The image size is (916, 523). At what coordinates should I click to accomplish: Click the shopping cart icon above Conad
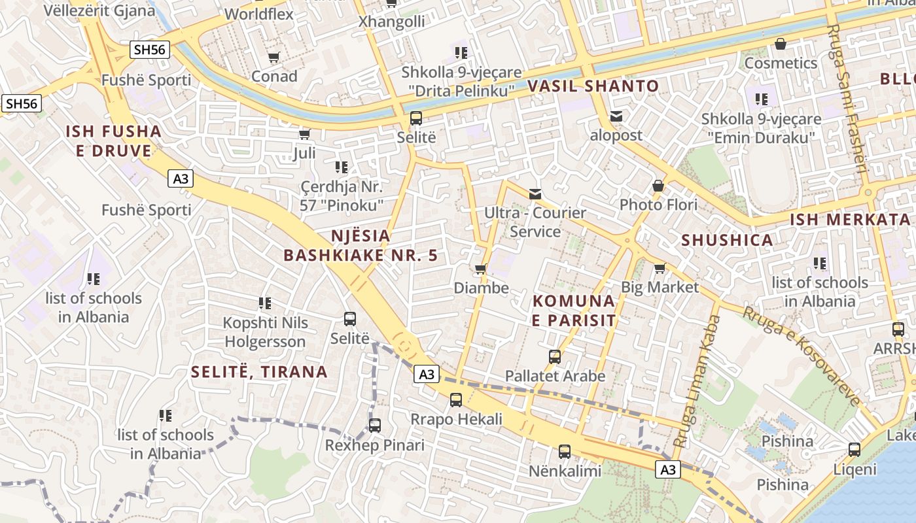pos(274,58)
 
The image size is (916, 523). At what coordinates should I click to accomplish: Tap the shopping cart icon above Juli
pos(304,134)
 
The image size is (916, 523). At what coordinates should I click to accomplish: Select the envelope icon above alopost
pos(616,116)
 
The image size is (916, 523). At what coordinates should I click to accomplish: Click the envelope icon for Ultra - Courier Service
pos(535,194)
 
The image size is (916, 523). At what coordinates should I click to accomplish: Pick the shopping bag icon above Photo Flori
pos(658,186)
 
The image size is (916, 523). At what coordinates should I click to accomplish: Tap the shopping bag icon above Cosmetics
pos(780,44)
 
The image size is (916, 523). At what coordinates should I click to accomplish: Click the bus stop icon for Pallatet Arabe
pos(555,357)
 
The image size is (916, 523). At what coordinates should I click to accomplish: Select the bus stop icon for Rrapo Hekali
pos(456,399)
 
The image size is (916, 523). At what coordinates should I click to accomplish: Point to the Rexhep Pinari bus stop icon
pos(375,426)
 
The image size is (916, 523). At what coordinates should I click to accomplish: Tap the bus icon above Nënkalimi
pos(565,451)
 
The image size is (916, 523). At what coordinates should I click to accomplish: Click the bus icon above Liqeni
pos(854,450)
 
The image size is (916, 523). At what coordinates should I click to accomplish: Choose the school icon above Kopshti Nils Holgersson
pos(264,303)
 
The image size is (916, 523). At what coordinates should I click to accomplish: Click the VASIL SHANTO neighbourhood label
pos(593,86)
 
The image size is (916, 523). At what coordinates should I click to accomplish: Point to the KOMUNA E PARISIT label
pos(574,311)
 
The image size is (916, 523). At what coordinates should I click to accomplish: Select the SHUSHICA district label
pos(727,240)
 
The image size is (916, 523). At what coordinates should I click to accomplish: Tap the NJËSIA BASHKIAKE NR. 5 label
pos(361,245)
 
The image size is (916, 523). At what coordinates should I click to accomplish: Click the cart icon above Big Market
pos(660,268)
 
